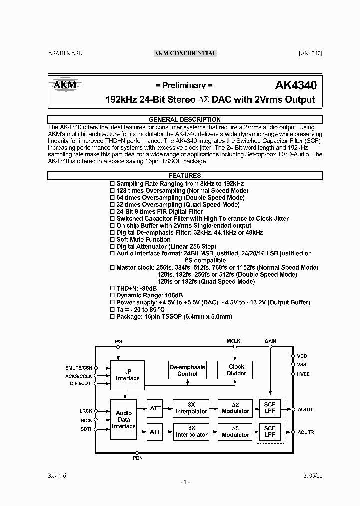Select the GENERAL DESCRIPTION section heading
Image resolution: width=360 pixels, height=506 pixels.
click(185, 119)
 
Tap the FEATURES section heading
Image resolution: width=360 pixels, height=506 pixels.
click(185, 176)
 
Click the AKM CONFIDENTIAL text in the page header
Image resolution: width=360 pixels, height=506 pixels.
click(185, 53)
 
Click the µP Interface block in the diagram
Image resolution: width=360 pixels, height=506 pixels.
click(128, 375)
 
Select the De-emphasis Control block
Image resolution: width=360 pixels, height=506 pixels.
click(188, 370)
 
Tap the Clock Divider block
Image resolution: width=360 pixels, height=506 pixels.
click(236, 370)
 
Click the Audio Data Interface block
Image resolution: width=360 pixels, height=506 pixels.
click(123, 420)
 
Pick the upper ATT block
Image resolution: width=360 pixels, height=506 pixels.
click(155, 408)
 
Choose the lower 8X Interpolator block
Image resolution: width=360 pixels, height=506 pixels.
click(191, 431)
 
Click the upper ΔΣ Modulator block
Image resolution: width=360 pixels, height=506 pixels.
click(235, 408)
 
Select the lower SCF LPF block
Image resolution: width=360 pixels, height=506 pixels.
click(270, 431)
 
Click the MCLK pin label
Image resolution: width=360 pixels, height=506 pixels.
click(233, 341)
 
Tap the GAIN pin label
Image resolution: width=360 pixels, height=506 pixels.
click(270, 341)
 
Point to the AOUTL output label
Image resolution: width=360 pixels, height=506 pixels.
click(305, 409)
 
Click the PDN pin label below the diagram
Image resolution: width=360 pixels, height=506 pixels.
click(137, 458)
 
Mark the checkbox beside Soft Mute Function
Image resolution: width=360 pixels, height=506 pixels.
click(112, 240)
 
